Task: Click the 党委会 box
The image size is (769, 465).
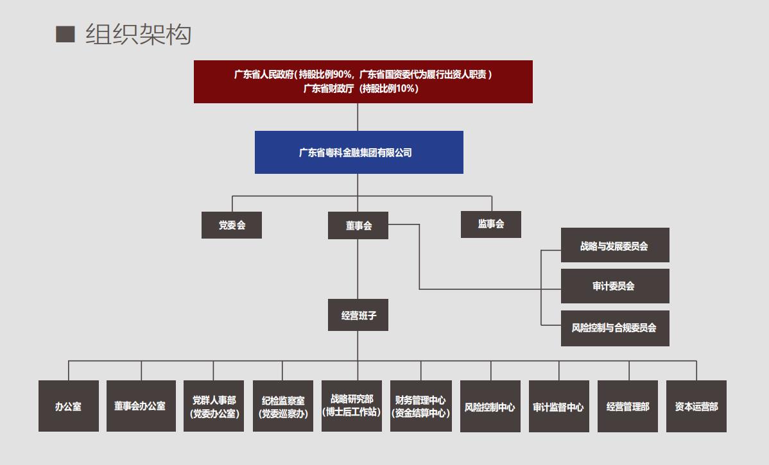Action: point(232,225)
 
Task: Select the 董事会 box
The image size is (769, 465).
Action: point(358,225)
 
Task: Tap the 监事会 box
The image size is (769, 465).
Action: point(491,224)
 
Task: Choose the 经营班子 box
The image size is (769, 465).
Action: point(358,315)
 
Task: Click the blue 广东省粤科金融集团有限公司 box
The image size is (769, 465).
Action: point(359,153)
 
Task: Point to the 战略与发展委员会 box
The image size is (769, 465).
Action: point(615,245)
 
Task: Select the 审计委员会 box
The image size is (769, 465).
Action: point(615,286)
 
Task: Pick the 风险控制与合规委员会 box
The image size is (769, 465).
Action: point(615,328)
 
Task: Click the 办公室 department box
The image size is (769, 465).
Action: point(69,406)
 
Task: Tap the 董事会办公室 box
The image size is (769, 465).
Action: point(141,406)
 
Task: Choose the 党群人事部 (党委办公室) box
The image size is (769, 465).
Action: point(214,406)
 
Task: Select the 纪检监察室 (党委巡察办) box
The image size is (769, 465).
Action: point(283,406)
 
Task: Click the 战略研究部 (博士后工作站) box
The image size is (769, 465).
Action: point(352,406)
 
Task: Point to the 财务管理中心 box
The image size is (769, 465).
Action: point(421,406)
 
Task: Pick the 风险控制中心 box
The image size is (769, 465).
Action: point(490,406)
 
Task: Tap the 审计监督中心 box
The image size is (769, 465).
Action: point(559,406)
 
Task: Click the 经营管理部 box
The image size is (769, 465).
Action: point(628,406)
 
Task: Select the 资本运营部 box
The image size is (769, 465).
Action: point(696,406)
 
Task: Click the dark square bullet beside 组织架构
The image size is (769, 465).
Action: point(65,34)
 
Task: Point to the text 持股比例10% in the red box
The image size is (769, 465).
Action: point(390,89)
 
